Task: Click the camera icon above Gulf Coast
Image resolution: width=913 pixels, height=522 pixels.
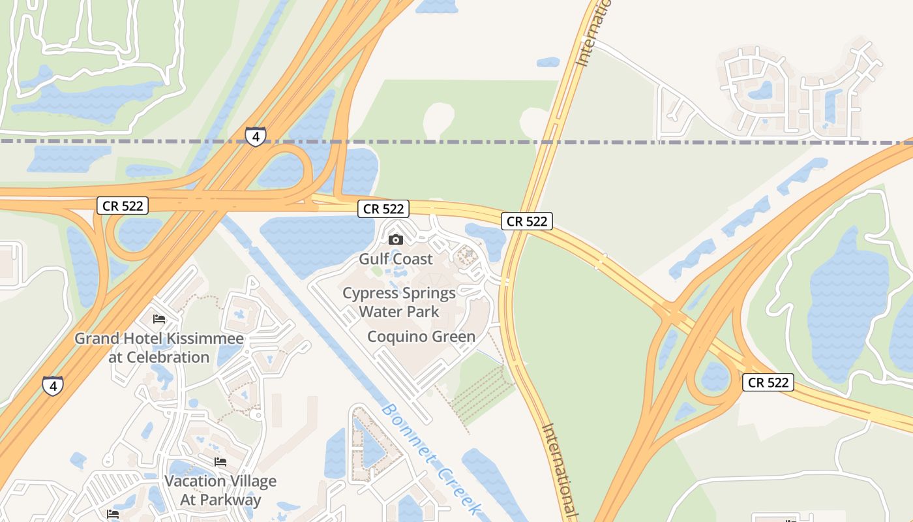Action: (x=396, y=239)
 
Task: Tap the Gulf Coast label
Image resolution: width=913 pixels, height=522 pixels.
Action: (x=396, y=259)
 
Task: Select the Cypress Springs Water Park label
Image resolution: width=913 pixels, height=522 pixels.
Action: (x=399, y=302)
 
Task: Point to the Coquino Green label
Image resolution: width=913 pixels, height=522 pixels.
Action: (x=421, y=337)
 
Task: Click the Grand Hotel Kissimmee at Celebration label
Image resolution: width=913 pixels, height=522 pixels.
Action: (x=159, y=348)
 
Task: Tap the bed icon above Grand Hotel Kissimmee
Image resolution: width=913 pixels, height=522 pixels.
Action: (x=159, y=319)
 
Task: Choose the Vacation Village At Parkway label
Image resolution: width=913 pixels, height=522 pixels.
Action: (x=220, y=491)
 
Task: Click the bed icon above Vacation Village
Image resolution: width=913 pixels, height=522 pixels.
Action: (x=220, y=462)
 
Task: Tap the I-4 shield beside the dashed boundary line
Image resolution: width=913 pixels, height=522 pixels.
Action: (x=256, y=137)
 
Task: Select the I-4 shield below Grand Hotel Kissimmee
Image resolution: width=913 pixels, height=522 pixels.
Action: (x=53, y=386)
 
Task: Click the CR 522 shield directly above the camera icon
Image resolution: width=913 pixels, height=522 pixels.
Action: (x=383, y=209)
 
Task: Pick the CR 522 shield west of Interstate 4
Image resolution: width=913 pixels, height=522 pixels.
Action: (x=123, y=206)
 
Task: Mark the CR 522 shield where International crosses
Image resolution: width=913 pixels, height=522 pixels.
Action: (x=527, y=221)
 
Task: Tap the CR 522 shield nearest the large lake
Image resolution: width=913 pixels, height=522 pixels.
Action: (x=768, y=382)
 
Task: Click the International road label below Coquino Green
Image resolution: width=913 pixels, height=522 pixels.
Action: (x=560, y=470)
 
